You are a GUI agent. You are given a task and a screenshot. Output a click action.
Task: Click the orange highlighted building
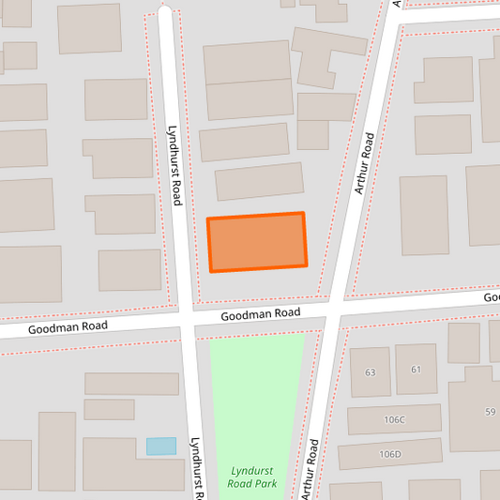pyautogui.click(x=257, y=242)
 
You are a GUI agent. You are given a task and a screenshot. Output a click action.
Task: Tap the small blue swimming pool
pyautogui.click(x=160, y=447)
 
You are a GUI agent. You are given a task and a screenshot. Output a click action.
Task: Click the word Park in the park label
pyautogui.click(x=265, y=484)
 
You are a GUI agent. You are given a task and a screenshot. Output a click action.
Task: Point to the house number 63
pyautogui.click(x=371, y=372)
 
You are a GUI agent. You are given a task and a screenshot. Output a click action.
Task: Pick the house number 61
pyautogui.click(x=417, y=371)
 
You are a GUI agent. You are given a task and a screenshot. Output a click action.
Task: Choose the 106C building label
pyautogui.click(x=393, y=419)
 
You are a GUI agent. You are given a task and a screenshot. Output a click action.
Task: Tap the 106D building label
pyautogui.click(x=390, y=454)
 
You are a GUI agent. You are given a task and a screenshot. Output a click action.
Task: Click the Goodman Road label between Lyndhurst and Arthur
pyautogui.click(x=261, y=314)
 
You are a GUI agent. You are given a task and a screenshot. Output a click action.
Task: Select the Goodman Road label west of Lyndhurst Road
pyautogui.click(x=68, y=328)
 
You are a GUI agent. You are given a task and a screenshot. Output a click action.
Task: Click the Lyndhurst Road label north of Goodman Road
pyautogui.click(x=174, y=166)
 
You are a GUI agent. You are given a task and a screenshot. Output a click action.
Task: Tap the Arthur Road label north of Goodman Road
pyautogui.click(x=364, y=163)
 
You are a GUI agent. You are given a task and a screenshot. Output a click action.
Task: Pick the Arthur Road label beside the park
pyautogui.click(x=310, y=468)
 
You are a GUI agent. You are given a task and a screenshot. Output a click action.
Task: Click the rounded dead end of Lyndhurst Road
pyautogui.click(x=165, y=15)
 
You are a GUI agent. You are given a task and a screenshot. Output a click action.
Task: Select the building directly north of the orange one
pyautogui.click(x=260, y=181)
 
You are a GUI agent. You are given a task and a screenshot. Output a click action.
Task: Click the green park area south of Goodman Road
pyautogui.click(x=255, y=394)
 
